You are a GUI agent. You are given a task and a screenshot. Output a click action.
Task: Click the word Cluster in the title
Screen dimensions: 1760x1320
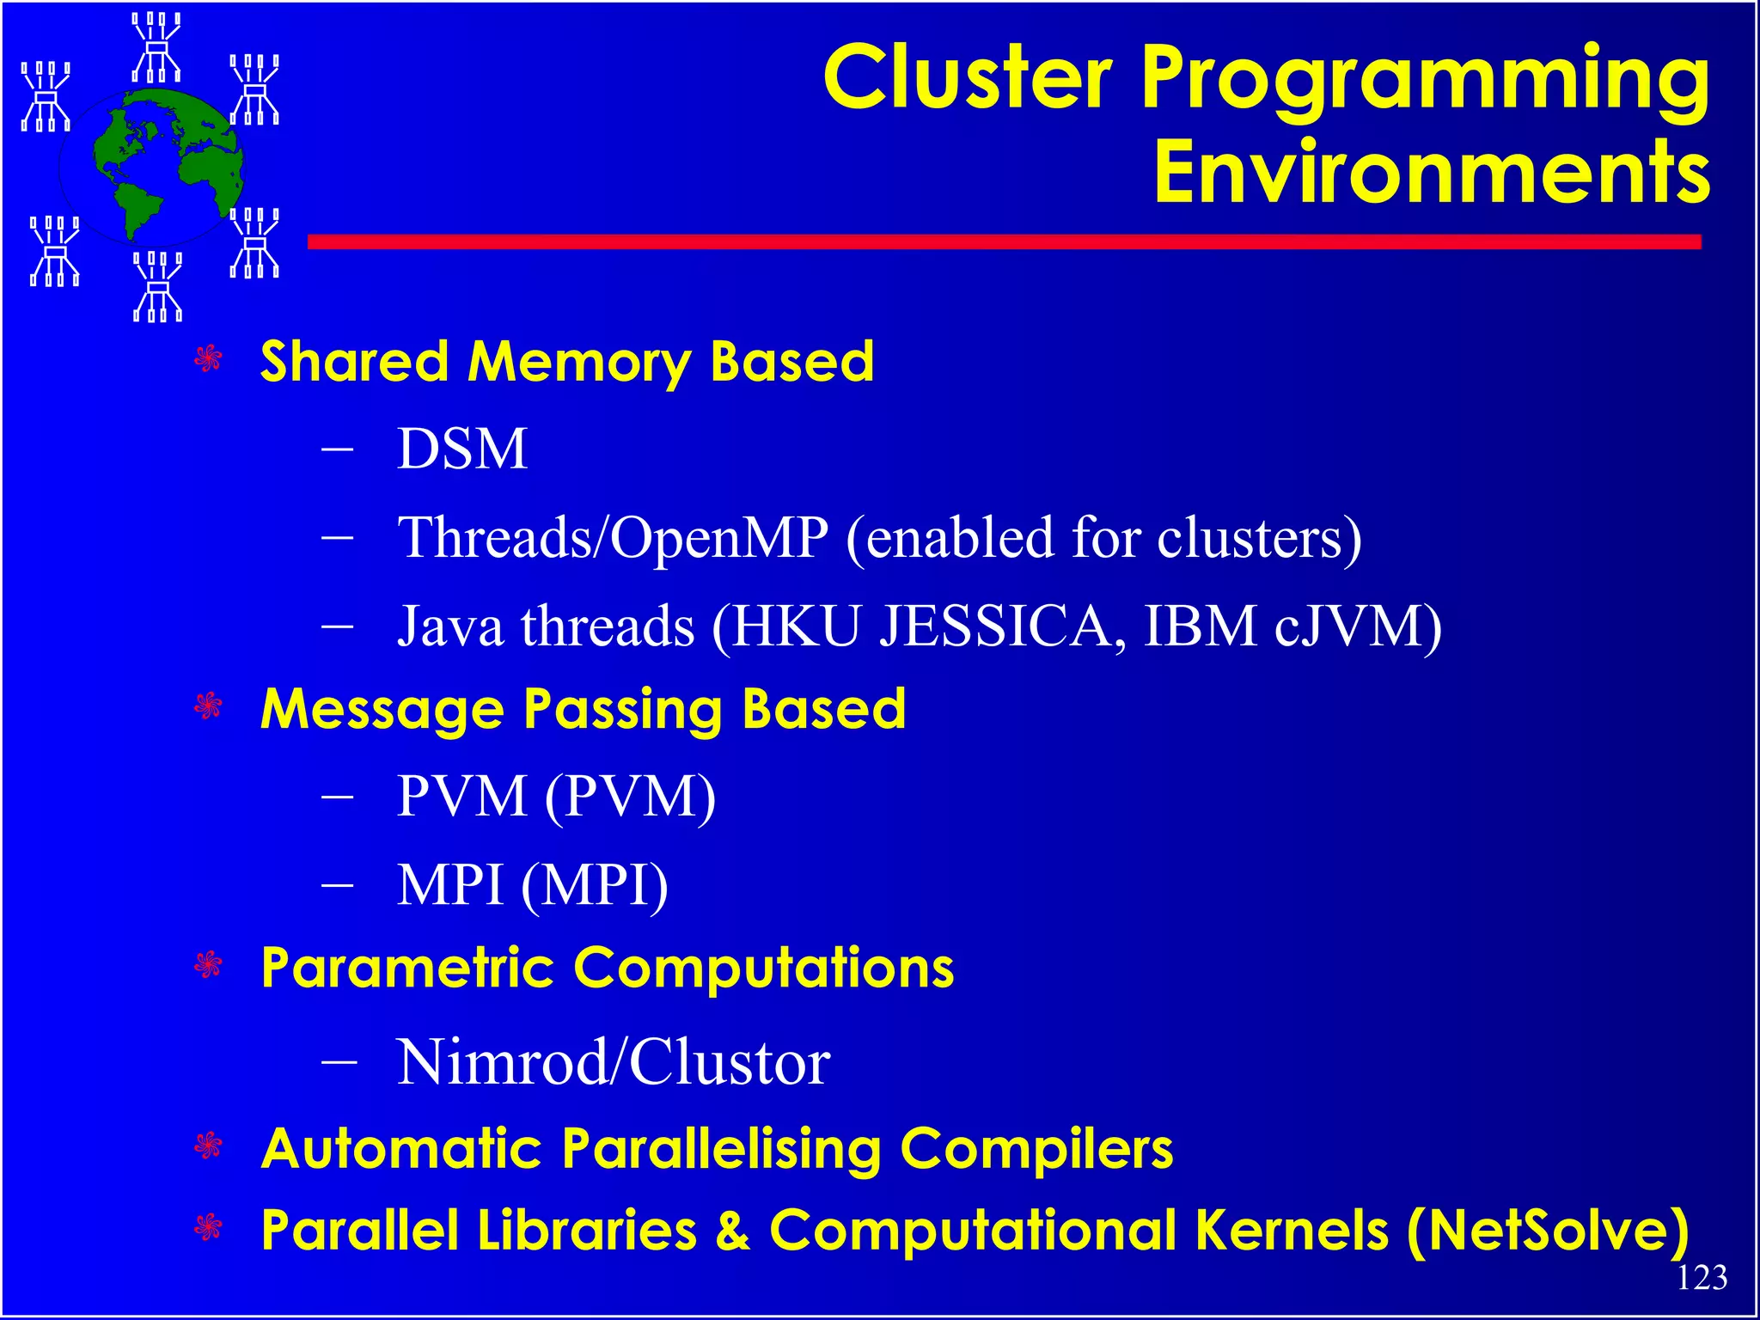click(968, 78)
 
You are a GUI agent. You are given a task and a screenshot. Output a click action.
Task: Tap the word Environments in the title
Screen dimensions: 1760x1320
click(1431, 173)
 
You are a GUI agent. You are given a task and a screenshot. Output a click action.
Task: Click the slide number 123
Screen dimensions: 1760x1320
click(1702, 1278)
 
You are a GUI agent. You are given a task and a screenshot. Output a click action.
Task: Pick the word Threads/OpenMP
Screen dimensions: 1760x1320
click(613, 537)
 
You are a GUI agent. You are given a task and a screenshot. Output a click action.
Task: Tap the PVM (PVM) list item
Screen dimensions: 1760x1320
click(555, 797)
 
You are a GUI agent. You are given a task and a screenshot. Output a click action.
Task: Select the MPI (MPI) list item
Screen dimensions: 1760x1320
click(532, 885)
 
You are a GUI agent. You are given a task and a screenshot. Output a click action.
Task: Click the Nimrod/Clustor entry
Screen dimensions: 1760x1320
click(613, 1062)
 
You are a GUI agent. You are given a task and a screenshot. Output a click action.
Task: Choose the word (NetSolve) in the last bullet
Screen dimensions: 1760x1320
click(1548, 1231)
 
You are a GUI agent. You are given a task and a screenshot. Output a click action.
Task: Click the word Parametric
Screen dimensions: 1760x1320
click(407, 969)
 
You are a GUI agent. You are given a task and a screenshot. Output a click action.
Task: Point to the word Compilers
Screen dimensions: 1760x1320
click(1036, 1149)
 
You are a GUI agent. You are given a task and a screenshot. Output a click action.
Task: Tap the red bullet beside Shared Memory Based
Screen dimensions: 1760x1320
click(209, 359)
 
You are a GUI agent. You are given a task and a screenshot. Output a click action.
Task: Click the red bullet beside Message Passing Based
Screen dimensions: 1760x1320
click(209, 707)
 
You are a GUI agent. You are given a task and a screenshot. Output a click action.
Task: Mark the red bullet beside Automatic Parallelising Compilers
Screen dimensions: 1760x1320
click(209, 1146)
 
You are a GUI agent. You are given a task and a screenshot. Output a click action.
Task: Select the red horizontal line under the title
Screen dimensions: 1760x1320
click(1004, 242)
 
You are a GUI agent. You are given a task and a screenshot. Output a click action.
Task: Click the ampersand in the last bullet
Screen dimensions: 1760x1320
click(732, 1231)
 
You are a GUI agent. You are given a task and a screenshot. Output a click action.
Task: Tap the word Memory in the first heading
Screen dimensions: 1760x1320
click(578, 361)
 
